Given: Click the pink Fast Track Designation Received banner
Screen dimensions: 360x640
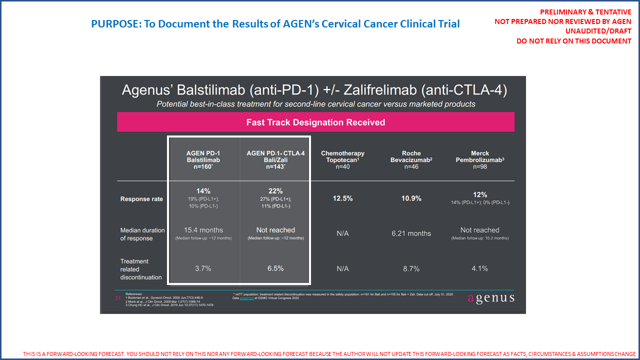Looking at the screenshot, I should click(315, 122).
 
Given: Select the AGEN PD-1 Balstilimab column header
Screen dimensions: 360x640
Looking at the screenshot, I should click(203, 160).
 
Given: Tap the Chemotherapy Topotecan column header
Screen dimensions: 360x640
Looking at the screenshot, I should click(342, 160).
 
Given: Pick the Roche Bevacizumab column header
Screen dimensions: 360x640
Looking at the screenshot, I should click(411, 160).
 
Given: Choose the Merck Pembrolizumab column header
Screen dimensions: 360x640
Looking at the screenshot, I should click(479, 160).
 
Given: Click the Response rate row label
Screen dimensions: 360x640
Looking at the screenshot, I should click(141, 199).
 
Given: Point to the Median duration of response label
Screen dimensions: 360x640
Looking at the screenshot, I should click(142, 234).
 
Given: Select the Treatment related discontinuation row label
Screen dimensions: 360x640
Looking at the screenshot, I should click(141, 269).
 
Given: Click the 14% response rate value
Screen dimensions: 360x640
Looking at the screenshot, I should click(203, 191).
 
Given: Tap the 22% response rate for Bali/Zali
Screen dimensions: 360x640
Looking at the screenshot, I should click(275, 191).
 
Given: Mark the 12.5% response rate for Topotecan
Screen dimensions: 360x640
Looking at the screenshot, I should click(342, 198).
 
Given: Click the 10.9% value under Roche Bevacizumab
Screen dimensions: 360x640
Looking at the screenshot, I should click(411, 198).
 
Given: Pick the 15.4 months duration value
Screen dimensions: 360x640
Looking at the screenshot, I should click(203, 230).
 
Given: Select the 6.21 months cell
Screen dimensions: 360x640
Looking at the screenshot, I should click(411, 233).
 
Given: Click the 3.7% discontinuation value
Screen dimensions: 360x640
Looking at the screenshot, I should click(203, 268).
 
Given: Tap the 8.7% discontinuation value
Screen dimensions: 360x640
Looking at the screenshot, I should click(411, 268).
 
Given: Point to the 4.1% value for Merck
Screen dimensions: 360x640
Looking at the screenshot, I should click(479, 268).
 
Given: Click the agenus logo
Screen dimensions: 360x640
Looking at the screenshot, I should click(490, 298).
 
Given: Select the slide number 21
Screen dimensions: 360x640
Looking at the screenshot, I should click(118, 298).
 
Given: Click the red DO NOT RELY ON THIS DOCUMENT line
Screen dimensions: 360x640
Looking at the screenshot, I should click(573, 41).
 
